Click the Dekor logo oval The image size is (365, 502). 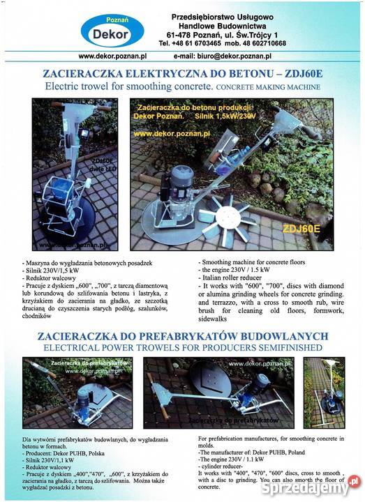pos(112,30)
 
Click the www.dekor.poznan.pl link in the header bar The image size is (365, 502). pos(112,56)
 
